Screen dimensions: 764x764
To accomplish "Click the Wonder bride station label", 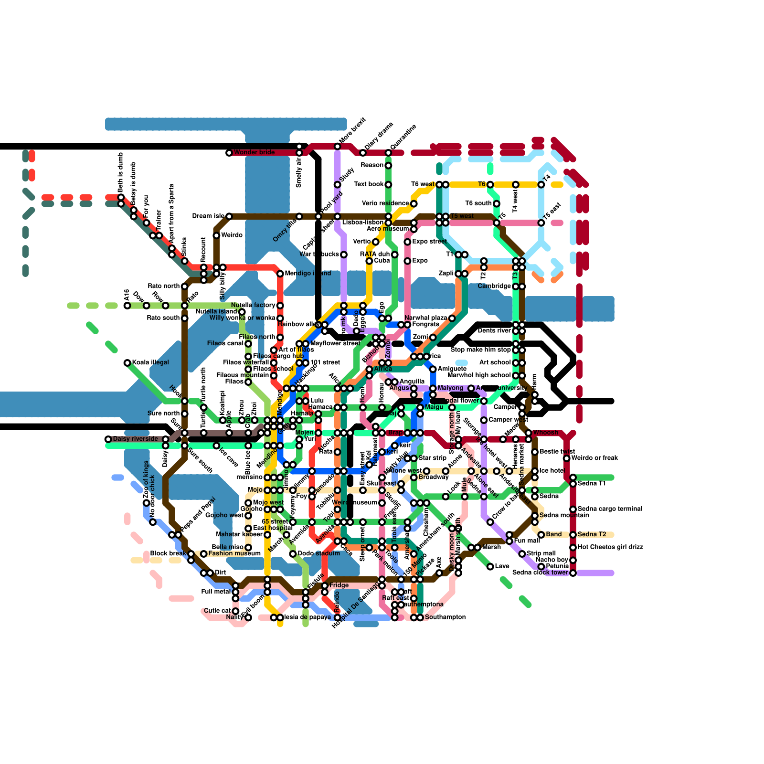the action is tap(254, 152).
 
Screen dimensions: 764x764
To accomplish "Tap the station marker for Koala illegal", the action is tap(127, 363).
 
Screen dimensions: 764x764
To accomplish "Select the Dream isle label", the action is tap(208, 216).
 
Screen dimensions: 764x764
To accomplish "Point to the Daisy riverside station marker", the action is tap(108, 439).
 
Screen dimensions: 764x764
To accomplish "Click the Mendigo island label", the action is tap(308, 274).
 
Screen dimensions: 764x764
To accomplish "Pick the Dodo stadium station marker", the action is tap(293, 554).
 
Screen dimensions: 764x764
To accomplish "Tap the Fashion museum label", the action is tap(234, 553).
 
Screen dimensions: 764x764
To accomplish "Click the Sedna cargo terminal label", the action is tap(610, 509).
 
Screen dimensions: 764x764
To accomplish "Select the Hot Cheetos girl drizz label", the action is tap(610, 547).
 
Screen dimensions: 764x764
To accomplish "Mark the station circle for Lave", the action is tap(490, 566).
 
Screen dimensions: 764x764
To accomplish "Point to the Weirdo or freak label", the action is tap(594, 458).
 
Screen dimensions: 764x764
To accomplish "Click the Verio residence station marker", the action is tap(414, 204).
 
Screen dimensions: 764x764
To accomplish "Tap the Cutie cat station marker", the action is tap(235, 611).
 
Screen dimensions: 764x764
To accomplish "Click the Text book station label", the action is tap(369, 184).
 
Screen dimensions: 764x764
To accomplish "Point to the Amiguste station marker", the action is tap(433, 369).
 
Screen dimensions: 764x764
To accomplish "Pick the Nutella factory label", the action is tap(253, 306).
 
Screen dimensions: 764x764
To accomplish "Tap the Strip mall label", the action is tap(541, 554).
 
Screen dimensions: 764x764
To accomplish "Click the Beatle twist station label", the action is tap(557, 452).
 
